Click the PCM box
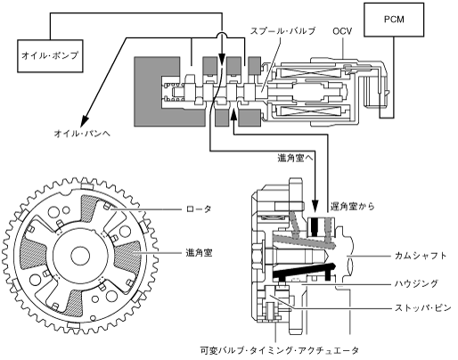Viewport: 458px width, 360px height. pos(394,20)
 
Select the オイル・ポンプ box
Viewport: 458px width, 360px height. pos(50,56)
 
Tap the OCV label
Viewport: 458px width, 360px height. pos(342,31)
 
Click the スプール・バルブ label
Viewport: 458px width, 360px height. pos(282,31)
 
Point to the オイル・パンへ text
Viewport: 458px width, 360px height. pos(82,134)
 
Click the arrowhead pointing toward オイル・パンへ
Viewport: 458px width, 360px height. pos(85,120)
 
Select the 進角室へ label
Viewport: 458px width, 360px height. pos(295,159)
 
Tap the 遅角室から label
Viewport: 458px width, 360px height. pos(353,206)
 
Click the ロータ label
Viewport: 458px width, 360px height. pos(199,209)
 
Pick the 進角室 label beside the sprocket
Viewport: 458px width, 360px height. pos(199,253)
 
